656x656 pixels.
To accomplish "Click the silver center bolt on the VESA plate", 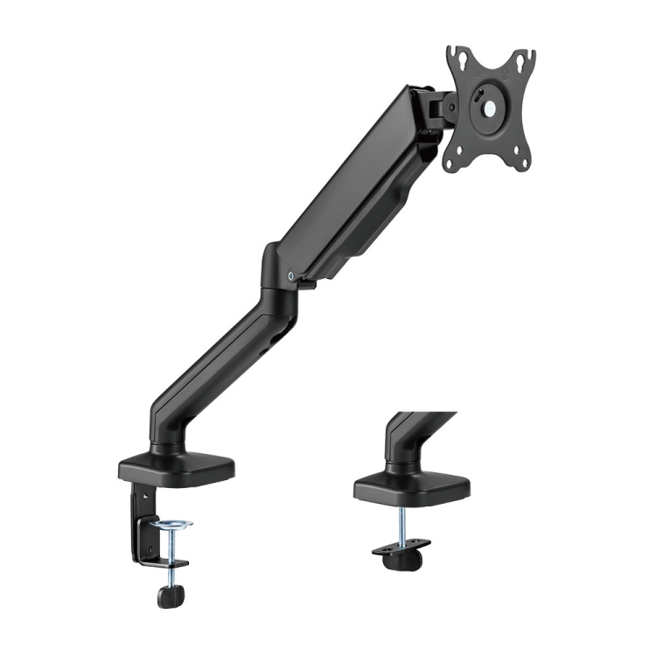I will [x=487, y=108].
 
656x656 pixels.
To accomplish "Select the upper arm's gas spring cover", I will [x=359, y=188].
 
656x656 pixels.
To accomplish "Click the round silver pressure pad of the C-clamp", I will [x=171, y=527].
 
